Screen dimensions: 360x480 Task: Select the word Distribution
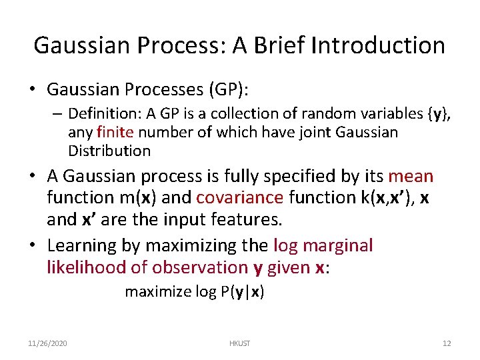tap(109, 151)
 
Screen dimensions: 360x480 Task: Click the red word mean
tap(411, 177)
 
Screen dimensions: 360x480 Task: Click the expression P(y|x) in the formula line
tap(241, 292)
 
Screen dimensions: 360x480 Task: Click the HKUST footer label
tap(239, 343)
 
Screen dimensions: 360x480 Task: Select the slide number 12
tap(447, 343)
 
